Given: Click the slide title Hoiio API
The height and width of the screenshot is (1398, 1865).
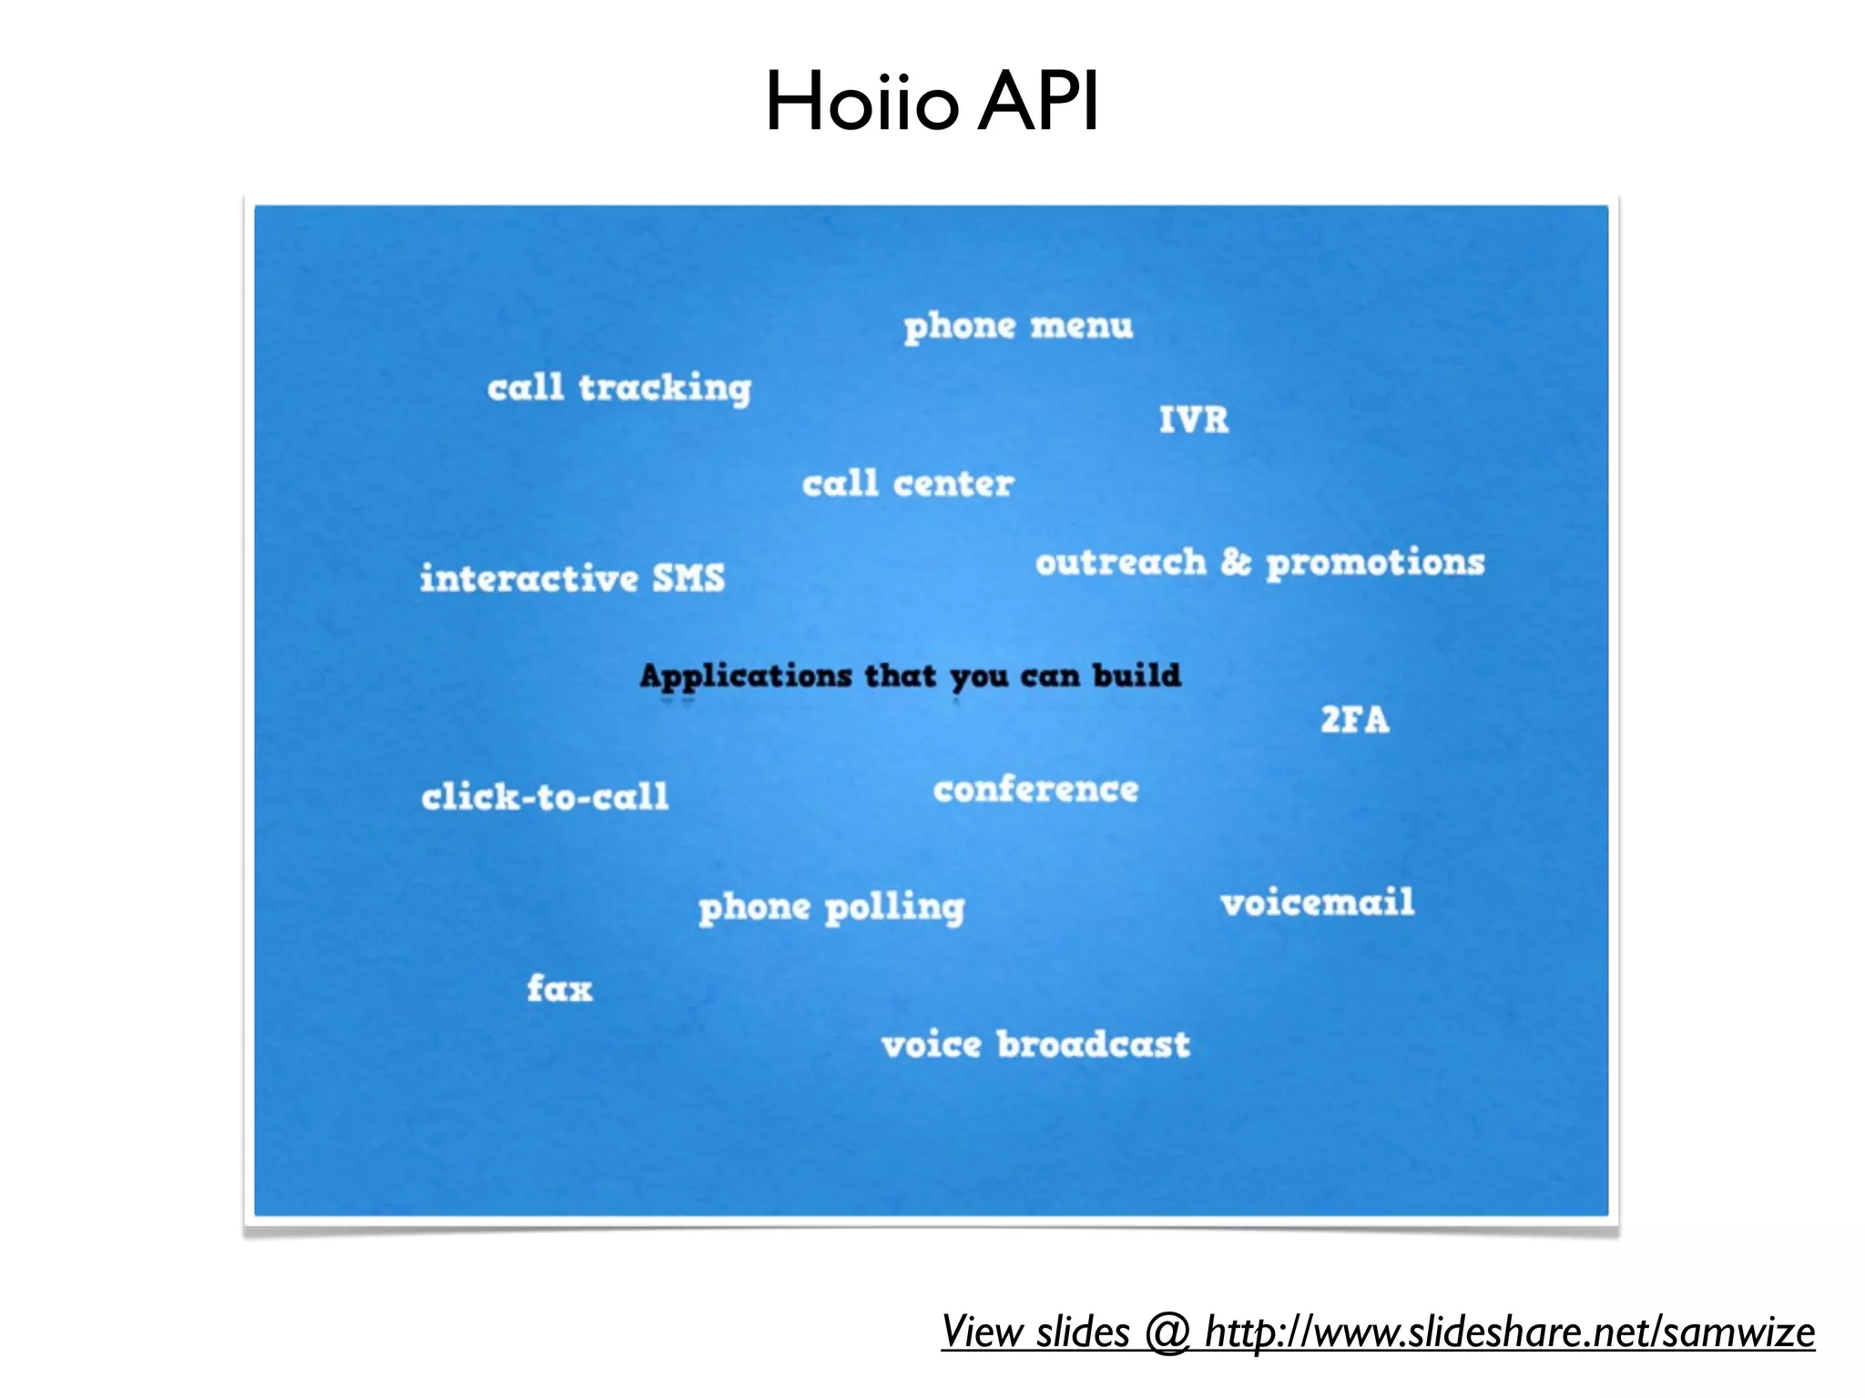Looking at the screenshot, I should pyautogui.click(x=932, y=102).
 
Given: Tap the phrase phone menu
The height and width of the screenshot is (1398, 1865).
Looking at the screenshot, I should pyautogui.click(x=1018, y=326).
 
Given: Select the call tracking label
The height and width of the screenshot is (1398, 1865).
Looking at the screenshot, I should pyautogui.click(x=619, y=388).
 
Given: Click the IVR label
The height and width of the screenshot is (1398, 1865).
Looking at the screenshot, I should pyautogui.click(x=1193, y=420).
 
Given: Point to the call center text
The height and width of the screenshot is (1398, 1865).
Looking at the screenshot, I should pyautogui.click(x=908, y=484).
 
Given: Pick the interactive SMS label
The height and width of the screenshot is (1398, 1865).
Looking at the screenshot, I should pyautogui.click(x=572, y=579).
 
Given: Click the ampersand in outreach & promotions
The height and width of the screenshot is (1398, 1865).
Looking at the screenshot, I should pyautogui.click(x=1236, y=562).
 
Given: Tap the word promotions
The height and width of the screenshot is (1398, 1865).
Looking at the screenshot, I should pyautogui.click(x=1375, y=563).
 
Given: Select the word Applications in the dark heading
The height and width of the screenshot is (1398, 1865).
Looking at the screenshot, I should pyautogui.click(x=746, y=677).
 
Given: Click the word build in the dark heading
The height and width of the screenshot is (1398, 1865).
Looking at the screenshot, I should pyautogui.click(x=1136, y=675).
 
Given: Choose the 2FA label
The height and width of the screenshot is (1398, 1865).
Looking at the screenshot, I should pyautogui.click(x=1354, y=720).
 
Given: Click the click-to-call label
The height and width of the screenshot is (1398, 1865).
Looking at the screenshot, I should pyautogui.click(x=545, y=797).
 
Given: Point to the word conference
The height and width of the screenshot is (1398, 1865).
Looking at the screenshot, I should pyautogui.click(x=1035, y=789).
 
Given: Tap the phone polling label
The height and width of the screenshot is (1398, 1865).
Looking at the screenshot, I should pyautogui.click(x=831, y=907).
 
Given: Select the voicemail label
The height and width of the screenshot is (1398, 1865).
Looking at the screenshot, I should pyautogui.click(x=1317, y=903).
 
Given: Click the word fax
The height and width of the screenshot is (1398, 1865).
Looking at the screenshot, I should pyautogui.click(x=559, y=988).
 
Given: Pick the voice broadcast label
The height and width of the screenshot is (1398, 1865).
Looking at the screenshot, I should pyautogui.click(x=1035, y=1045).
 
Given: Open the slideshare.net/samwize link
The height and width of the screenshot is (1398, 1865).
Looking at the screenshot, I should pyautogui.click(x=1509, y=1332).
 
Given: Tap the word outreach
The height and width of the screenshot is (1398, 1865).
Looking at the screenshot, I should pyautogui.click(x=1120, y=562).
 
